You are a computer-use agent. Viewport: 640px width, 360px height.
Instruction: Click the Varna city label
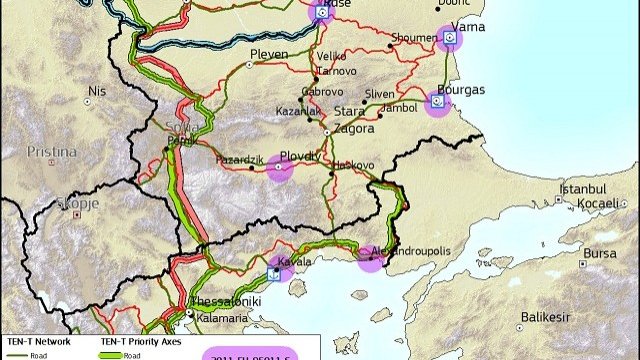pyautogui.click(x=468, y=26)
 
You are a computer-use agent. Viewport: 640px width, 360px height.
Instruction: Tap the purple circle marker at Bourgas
pyautogui.click(x=437, y=102)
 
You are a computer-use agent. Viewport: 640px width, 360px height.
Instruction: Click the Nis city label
pyautogui.click(x=96, y=90)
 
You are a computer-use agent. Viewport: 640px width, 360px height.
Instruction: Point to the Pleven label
pyautogui.click(x=268, y=54)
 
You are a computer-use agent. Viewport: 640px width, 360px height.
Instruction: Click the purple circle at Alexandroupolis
pyautogui.click(x=371, y=257)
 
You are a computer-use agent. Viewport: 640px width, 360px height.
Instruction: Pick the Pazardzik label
pyautogui.click(x=241, y=160)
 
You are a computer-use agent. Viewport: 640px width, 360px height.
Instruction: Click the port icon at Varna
pyautogui.click(x=450, y=37)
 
